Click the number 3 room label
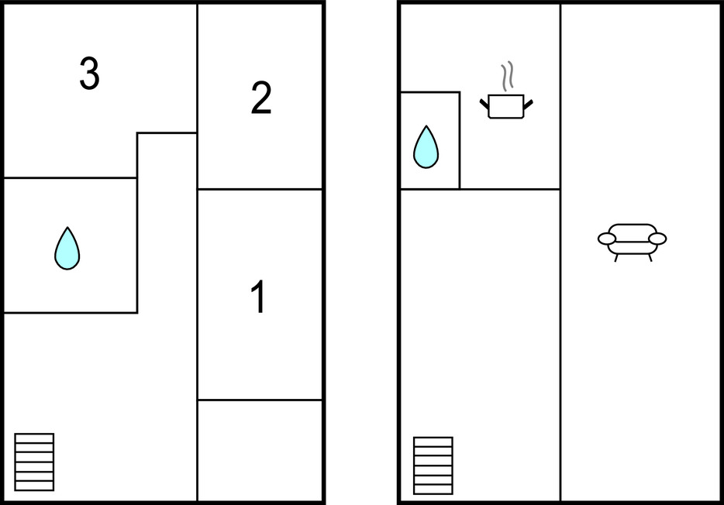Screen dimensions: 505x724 (89, 74)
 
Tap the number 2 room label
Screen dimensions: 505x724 (261, 99)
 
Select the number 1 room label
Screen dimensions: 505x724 (259, 297)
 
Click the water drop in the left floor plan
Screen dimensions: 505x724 (67, 249)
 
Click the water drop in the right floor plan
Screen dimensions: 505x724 (426, 147)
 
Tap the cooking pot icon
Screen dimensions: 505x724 (506, 106)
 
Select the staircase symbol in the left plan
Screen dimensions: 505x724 (35, 462)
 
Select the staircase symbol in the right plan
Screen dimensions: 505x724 (433, 465)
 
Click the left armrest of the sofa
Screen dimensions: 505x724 (607, 239)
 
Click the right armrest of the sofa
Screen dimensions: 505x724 (657, 239)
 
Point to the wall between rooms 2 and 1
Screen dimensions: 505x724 (260, 189)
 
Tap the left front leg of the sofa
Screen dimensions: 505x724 (616, 258)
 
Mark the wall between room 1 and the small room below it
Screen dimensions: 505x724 (260, 400)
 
